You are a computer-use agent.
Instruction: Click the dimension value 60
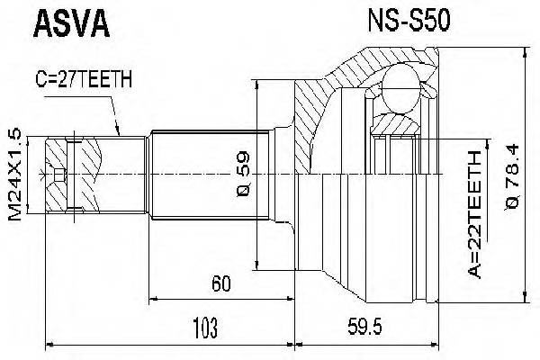[220, 285]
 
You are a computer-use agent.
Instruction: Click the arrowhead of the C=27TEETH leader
[121, 133]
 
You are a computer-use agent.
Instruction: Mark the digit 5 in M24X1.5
[15, 134]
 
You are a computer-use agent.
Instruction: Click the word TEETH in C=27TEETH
[106, 78]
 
